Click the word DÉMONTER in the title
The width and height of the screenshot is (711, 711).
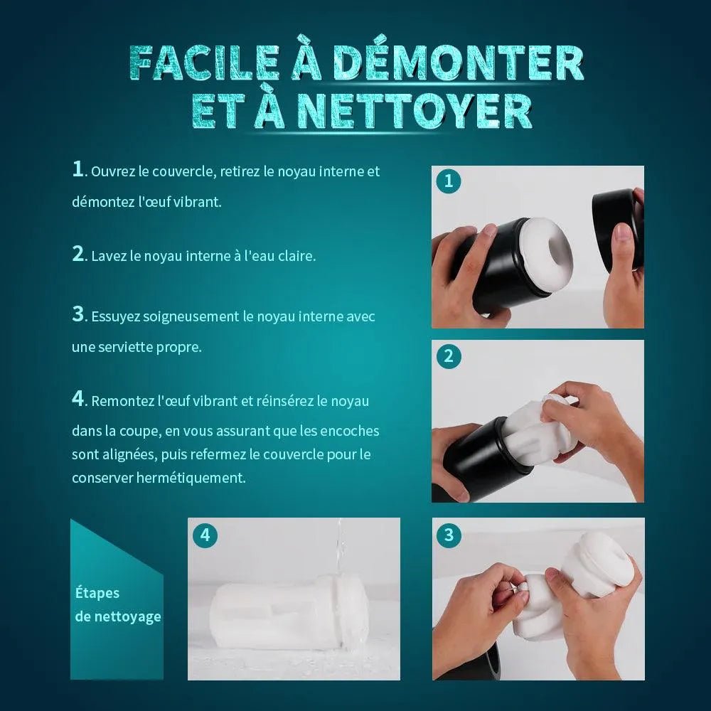pos(460,63)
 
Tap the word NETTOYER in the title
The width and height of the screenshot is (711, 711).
pos(415,111)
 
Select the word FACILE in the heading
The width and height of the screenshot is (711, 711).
pos(203,63)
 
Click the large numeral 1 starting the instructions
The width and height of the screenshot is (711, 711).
pos(77,169)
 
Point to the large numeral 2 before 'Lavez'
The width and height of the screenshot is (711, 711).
pos(78,254)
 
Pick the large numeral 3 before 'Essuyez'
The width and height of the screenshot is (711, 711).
pos(78,314)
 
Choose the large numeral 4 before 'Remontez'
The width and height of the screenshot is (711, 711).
pos(78,399)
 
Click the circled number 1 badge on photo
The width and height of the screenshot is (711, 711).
pos(449,181)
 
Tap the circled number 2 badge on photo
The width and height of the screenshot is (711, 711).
pos(449,356)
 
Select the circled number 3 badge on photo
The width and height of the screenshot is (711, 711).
pos(449,535)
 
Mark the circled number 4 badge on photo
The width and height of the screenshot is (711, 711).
pos(205,535)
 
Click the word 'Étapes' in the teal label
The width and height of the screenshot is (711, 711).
pos(97,593)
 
